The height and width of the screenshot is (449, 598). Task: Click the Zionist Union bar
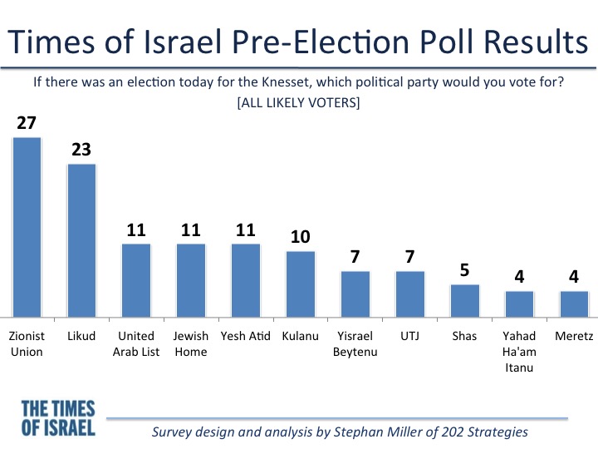(x=27, y=226)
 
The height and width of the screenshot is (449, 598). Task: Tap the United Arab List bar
(x=136, y=279)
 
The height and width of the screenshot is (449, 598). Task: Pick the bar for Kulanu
(x=301, y=284)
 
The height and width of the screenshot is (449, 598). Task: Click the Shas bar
(x=465, y=300)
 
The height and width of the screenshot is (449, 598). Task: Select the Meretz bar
(x=574, y=303)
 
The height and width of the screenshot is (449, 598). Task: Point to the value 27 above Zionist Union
(x=27, y=124)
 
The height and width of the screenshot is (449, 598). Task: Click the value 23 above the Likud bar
(x=81, y=150)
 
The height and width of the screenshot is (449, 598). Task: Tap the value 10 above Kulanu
(x=301, y=238)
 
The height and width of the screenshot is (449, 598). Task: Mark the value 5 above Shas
(x=465, y=272)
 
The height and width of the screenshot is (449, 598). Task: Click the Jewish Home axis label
(x=191, y=343)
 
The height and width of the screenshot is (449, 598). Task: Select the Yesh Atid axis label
(x=246, y=337)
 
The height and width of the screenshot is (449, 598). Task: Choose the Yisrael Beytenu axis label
(x=355, y=343)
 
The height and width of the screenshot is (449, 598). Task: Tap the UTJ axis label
(x=410, y=337)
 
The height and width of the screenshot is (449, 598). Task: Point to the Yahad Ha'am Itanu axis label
(x=520, y=351)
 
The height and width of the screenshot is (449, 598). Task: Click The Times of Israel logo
(x=58, y=418)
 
